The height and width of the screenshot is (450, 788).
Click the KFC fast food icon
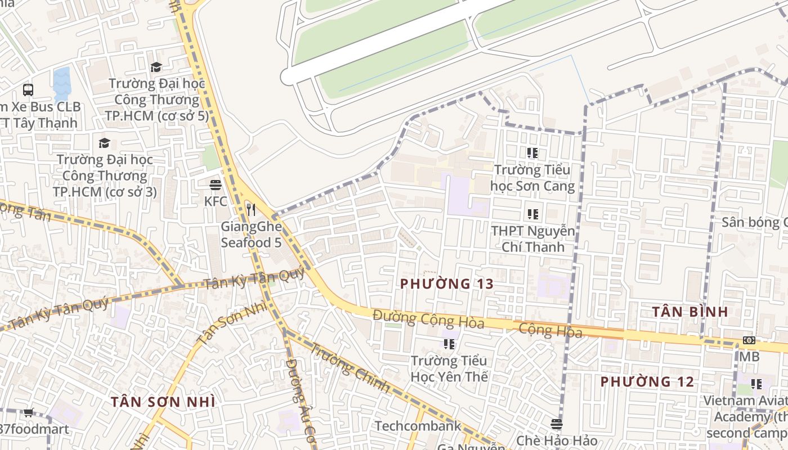215,184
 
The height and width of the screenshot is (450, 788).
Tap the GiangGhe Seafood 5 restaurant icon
251,210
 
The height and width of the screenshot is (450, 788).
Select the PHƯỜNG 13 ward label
447,284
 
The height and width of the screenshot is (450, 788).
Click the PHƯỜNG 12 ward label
647,382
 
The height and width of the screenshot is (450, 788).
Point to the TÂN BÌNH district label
691,312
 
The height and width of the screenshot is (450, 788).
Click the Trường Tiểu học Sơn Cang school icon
532,153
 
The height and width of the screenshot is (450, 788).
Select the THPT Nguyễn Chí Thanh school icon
532,214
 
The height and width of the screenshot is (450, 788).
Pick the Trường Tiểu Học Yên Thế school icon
449,344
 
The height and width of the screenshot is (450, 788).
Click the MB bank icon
749,340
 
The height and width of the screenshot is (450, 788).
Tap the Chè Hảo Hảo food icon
557,424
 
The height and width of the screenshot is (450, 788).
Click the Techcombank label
418,426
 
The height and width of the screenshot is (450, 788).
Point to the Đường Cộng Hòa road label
428,319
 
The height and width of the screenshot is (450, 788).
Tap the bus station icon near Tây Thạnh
28,89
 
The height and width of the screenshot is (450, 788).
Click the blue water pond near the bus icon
62,83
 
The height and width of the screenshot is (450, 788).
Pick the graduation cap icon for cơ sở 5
156,67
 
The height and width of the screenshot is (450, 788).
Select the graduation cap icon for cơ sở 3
104,143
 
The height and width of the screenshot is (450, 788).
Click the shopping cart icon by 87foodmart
29,412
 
